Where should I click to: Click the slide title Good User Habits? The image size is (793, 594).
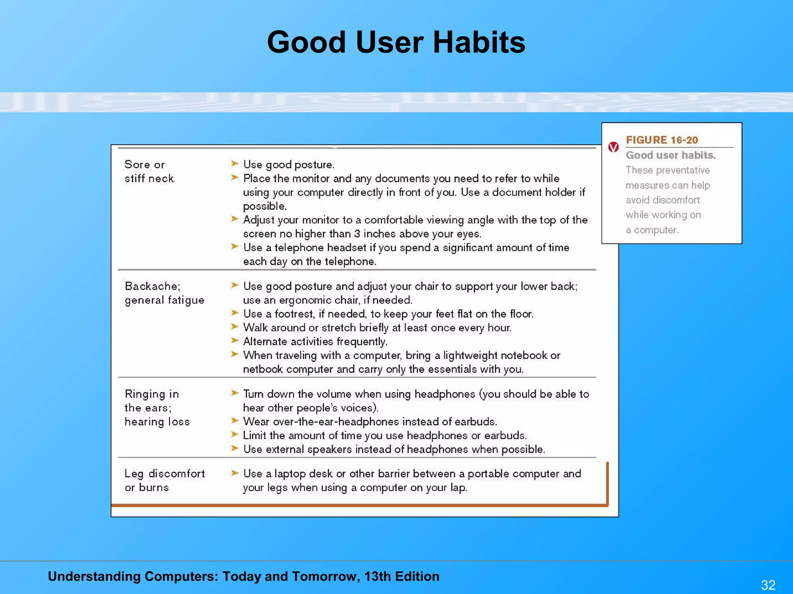point(396,42)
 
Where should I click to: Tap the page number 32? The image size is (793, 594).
point(768,585)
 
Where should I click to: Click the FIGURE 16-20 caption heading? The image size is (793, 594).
point(662,140)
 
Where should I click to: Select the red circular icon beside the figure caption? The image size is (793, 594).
point(613,147)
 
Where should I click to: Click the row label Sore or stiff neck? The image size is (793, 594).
point(149,171)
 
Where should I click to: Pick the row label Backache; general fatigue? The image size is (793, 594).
point(164,293)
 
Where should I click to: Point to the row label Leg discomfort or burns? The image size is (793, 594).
point(164,480)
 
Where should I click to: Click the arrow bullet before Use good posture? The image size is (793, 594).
point(235,164)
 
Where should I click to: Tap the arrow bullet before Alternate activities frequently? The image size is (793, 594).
point(235,341)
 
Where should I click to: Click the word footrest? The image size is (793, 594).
point(294,314)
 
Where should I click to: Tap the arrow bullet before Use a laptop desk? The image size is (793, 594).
point(235,473)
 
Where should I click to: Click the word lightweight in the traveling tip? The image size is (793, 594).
point(470,355)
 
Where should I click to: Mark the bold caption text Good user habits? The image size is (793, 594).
point(671,155)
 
